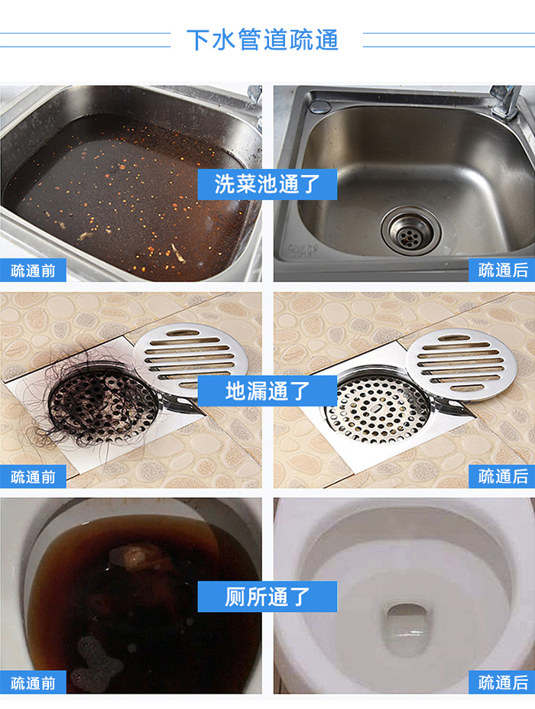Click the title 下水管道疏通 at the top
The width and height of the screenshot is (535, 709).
click(x=262, y=40)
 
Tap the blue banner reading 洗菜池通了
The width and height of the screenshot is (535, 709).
click(x=267, y=184)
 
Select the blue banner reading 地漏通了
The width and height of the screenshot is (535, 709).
click(x=267, y=390)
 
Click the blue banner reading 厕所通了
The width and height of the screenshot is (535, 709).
click(x=267, y=596)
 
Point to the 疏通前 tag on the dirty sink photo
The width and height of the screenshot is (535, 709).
click(x=33, y=270)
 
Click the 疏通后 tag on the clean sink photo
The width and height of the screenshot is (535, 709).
click(x=502, y=270)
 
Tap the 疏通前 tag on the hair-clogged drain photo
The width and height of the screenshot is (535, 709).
click(x=33, y=477)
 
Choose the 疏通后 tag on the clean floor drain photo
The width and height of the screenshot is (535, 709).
click(x=502, y=477)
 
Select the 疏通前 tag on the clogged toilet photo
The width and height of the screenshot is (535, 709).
click(x=33, y=682)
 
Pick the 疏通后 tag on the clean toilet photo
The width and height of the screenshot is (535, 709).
click(x=502, y=682)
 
